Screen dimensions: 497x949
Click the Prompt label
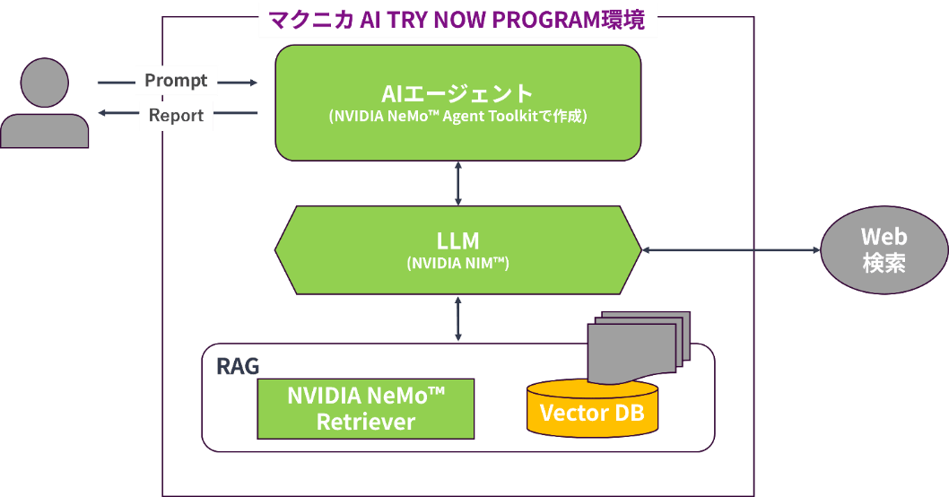(x=176, y=81)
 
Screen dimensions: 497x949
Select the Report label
(x=176, y=115)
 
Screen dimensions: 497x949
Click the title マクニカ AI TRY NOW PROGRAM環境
(x=457, y=20)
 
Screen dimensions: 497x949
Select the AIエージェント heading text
(x=457, y=93)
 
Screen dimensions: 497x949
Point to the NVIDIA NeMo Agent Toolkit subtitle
(x=457, y=117)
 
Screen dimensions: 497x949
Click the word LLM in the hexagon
(x=457, y=240)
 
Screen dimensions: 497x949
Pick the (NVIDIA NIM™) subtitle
(x=457, y=264)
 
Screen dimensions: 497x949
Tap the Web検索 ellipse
(x=884, y=249)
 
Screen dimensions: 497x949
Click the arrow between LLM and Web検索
(x=731, y=250)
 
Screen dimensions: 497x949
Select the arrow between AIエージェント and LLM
(x=458, y=184)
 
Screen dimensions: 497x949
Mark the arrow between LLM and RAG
(x=458, y=318)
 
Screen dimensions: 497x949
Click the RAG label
(x=238, y=366)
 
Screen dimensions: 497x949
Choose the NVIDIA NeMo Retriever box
(x=366, y=408)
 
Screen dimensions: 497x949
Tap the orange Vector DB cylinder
(x=591, y=414)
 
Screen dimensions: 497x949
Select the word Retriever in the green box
(x=366, y=422)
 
